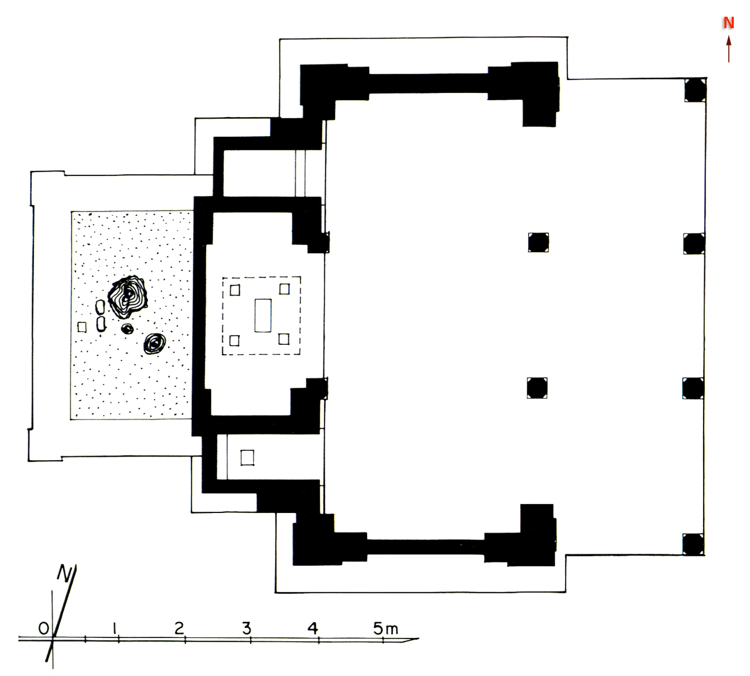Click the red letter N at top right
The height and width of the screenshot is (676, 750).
point(729,23)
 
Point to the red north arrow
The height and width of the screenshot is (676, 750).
point(729,49)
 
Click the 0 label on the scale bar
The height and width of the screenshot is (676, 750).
point(44,628)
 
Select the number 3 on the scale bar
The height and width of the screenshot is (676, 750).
point(247,628)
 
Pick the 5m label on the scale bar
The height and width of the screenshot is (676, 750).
point(385,629)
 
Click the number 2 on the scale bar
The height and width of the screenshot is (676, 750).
point(179,628)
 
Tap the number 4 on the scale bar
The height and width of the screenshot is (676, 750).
point(312,628)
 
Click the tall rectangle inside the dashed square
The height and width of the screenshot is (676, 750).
point(263,316)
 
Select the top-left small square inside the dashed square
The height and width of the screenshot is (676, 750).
point(235,290)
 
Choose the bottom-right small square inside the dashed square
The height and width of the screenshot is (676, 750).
point(284,339)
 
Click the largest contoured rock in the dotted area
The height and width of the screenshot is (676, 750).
point(127,297)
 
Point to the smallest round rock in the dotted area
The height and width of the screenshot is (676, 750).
point(127,329)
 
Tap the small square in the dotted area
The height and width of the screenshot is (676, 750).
point(82,327)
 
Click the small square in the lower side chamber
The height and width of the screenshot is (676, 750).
point(247,458)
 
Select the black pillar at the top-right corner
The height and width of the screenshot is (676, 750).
point(695,90)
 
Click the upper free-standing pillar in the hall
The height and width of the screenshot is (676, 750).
point(538,242)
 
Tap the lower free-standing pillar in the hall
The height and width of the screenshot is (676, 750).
point(537,388)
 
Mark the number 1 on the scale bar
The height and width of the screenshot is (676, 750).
point(114,628)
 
